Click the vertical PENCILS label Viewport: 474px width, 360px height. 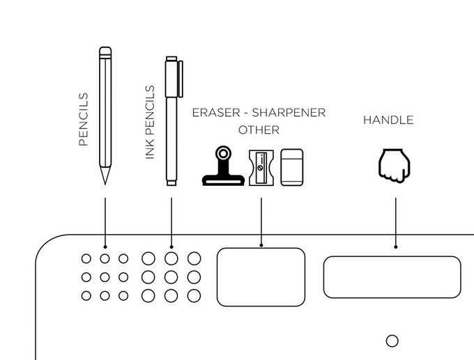coord(84,119)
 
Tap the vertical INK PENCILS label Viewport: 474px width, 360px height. coord(149,123)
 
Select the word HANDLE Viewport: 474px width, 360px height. coord(388,120)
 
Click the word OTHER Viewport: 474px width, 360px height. coord(259,130)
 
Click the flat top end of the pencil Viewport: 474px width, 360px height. coord(105,50)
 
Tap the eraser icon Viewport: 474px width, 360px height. coord(292,168)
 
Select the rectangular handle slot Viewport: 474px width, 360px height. coord(392,276)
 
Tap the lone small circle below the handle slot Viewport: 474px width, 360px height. coord(392,341)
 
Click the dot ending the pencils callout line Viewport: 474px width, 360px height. coord(105,246)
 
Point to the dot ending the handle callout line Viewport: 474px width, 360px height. coord(396,246)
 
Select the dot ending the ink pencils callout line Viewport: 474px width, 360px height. coord(171,246)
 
